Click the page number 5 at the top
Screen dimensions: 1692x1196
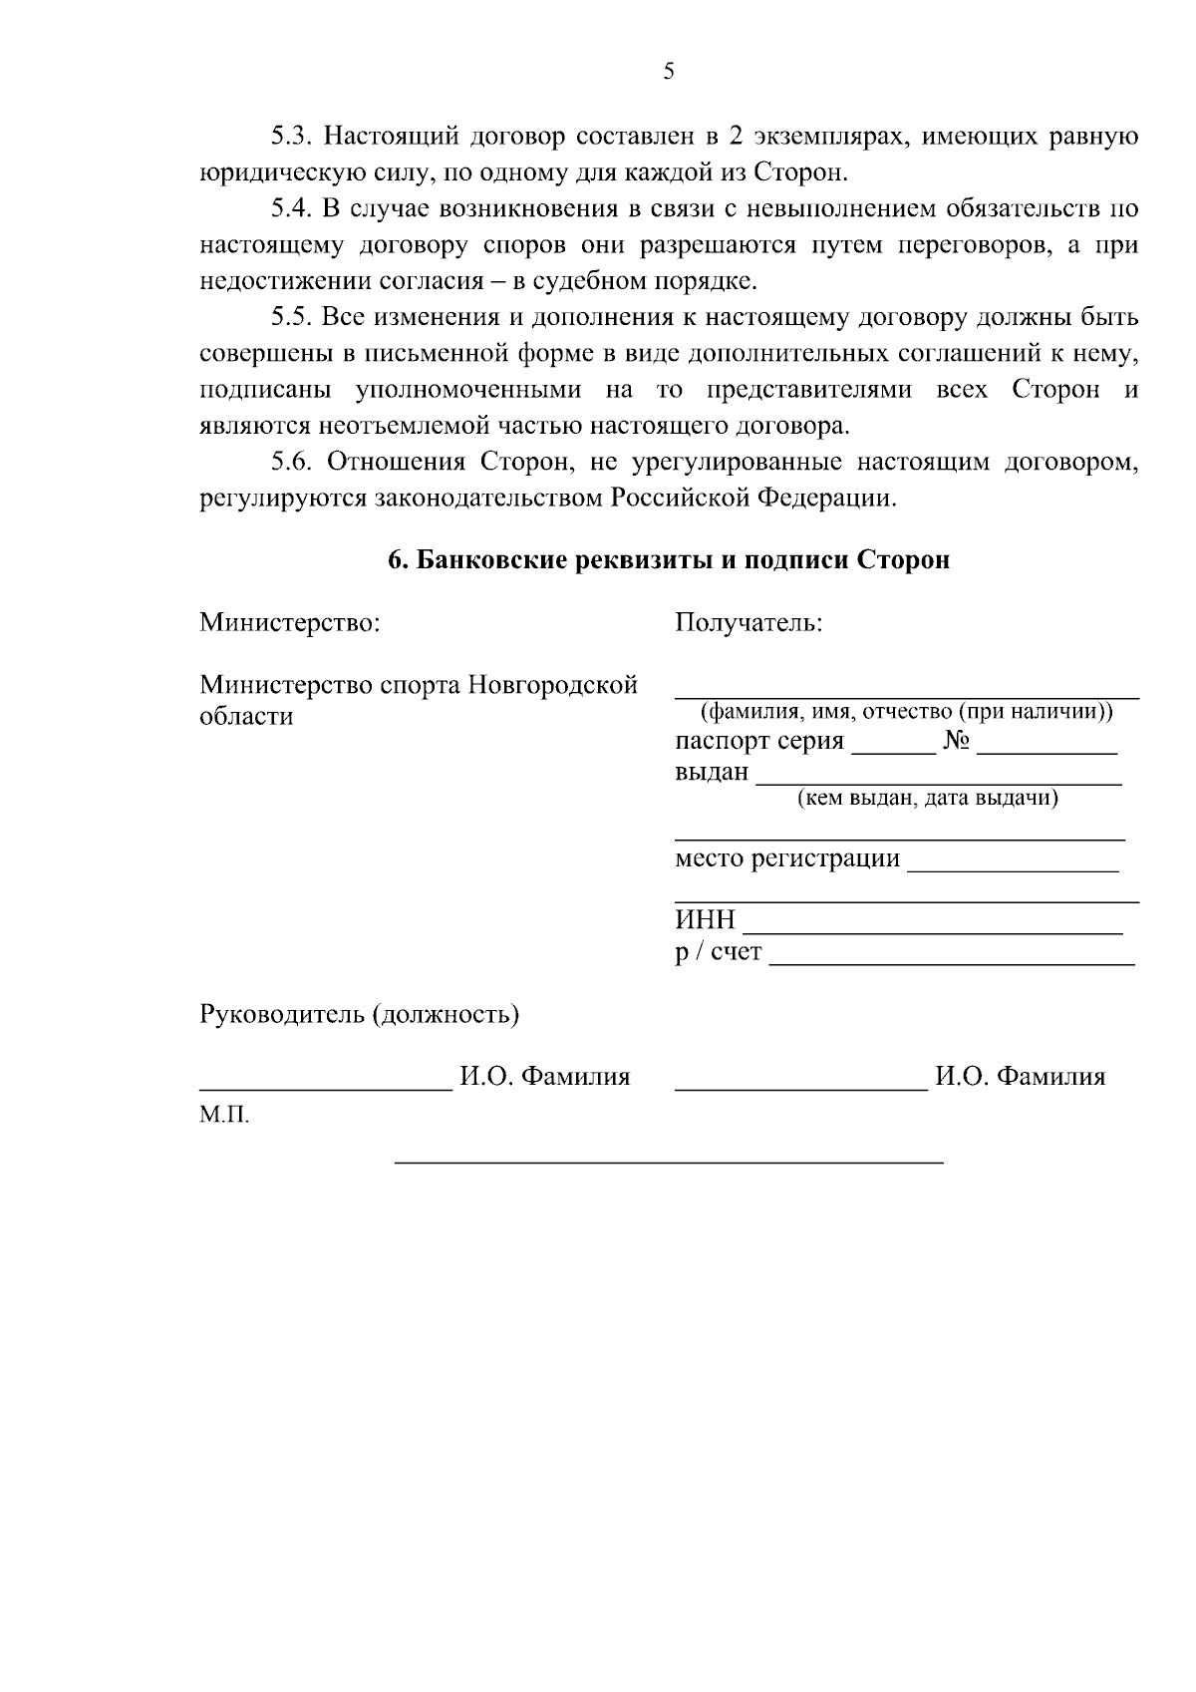(x=669, y=71)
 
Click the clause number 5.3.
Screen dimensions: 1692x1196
(x=292, y=136)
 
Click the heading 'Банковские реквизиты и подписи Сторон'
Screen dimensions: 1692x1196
(x=669, y=560)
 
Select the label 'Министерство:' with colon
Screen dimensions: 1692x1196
(x=290, y=623)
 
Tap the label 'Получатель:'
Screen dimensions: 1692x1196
(x=748, y=623)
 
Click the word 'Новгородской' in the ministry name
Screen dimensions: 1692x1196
(x=552, y=686)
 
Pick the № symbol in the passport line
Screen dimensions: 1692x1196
(x=956, y=742)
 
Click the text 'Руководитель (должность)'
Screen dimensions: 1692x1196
(x=360, y=1015)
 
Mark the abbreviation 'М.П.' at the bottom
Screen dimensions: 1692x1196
(x=224, y=1115)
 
